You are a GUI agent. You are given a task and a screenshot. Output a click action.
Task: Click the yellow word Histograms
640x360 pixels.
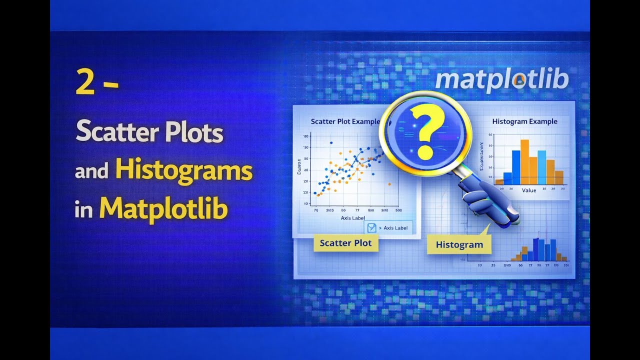[x=183, y=171]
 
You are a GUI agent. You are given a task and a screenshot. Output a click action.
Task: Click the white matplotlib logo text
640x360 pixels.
[x=501, y=80]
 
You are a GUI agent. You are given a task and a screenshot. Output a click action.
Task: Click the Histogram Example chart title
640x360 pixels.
[x=524, y=121]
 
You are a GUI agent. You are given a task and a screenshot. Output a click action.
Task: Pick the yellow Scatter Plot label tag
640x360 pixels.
[x=345, y=243]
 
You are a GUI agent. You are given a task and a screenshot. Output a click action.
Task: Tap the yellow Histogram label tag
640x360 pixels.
[x=459, y=244]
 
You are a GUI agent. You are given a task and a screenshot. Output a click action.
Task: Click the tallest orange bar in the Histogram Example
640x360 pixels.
[x=524, y=161]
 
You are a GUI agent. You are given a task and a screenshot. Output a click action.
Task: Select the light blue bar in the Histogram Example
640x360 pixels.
[x=541, y=167]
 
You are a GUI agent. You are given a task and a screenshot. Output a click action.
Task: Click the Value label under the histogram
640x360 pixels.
[x=528, y=190]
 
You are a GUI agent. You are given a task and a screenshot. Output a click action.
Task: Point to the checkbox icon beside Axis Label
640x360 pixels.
[x=371, y=228]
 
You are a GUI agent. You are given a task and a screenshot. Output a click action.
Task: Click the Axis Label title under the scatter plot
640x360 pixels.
[x=352, y=218]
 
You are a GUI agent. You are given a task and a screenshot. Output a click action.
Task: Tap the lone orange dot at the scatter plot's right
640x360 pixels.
[x=389, y=184]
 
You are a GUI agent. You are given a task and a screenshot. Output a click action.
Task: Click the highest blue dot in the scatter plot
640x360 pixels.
[x=331, y=143]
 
